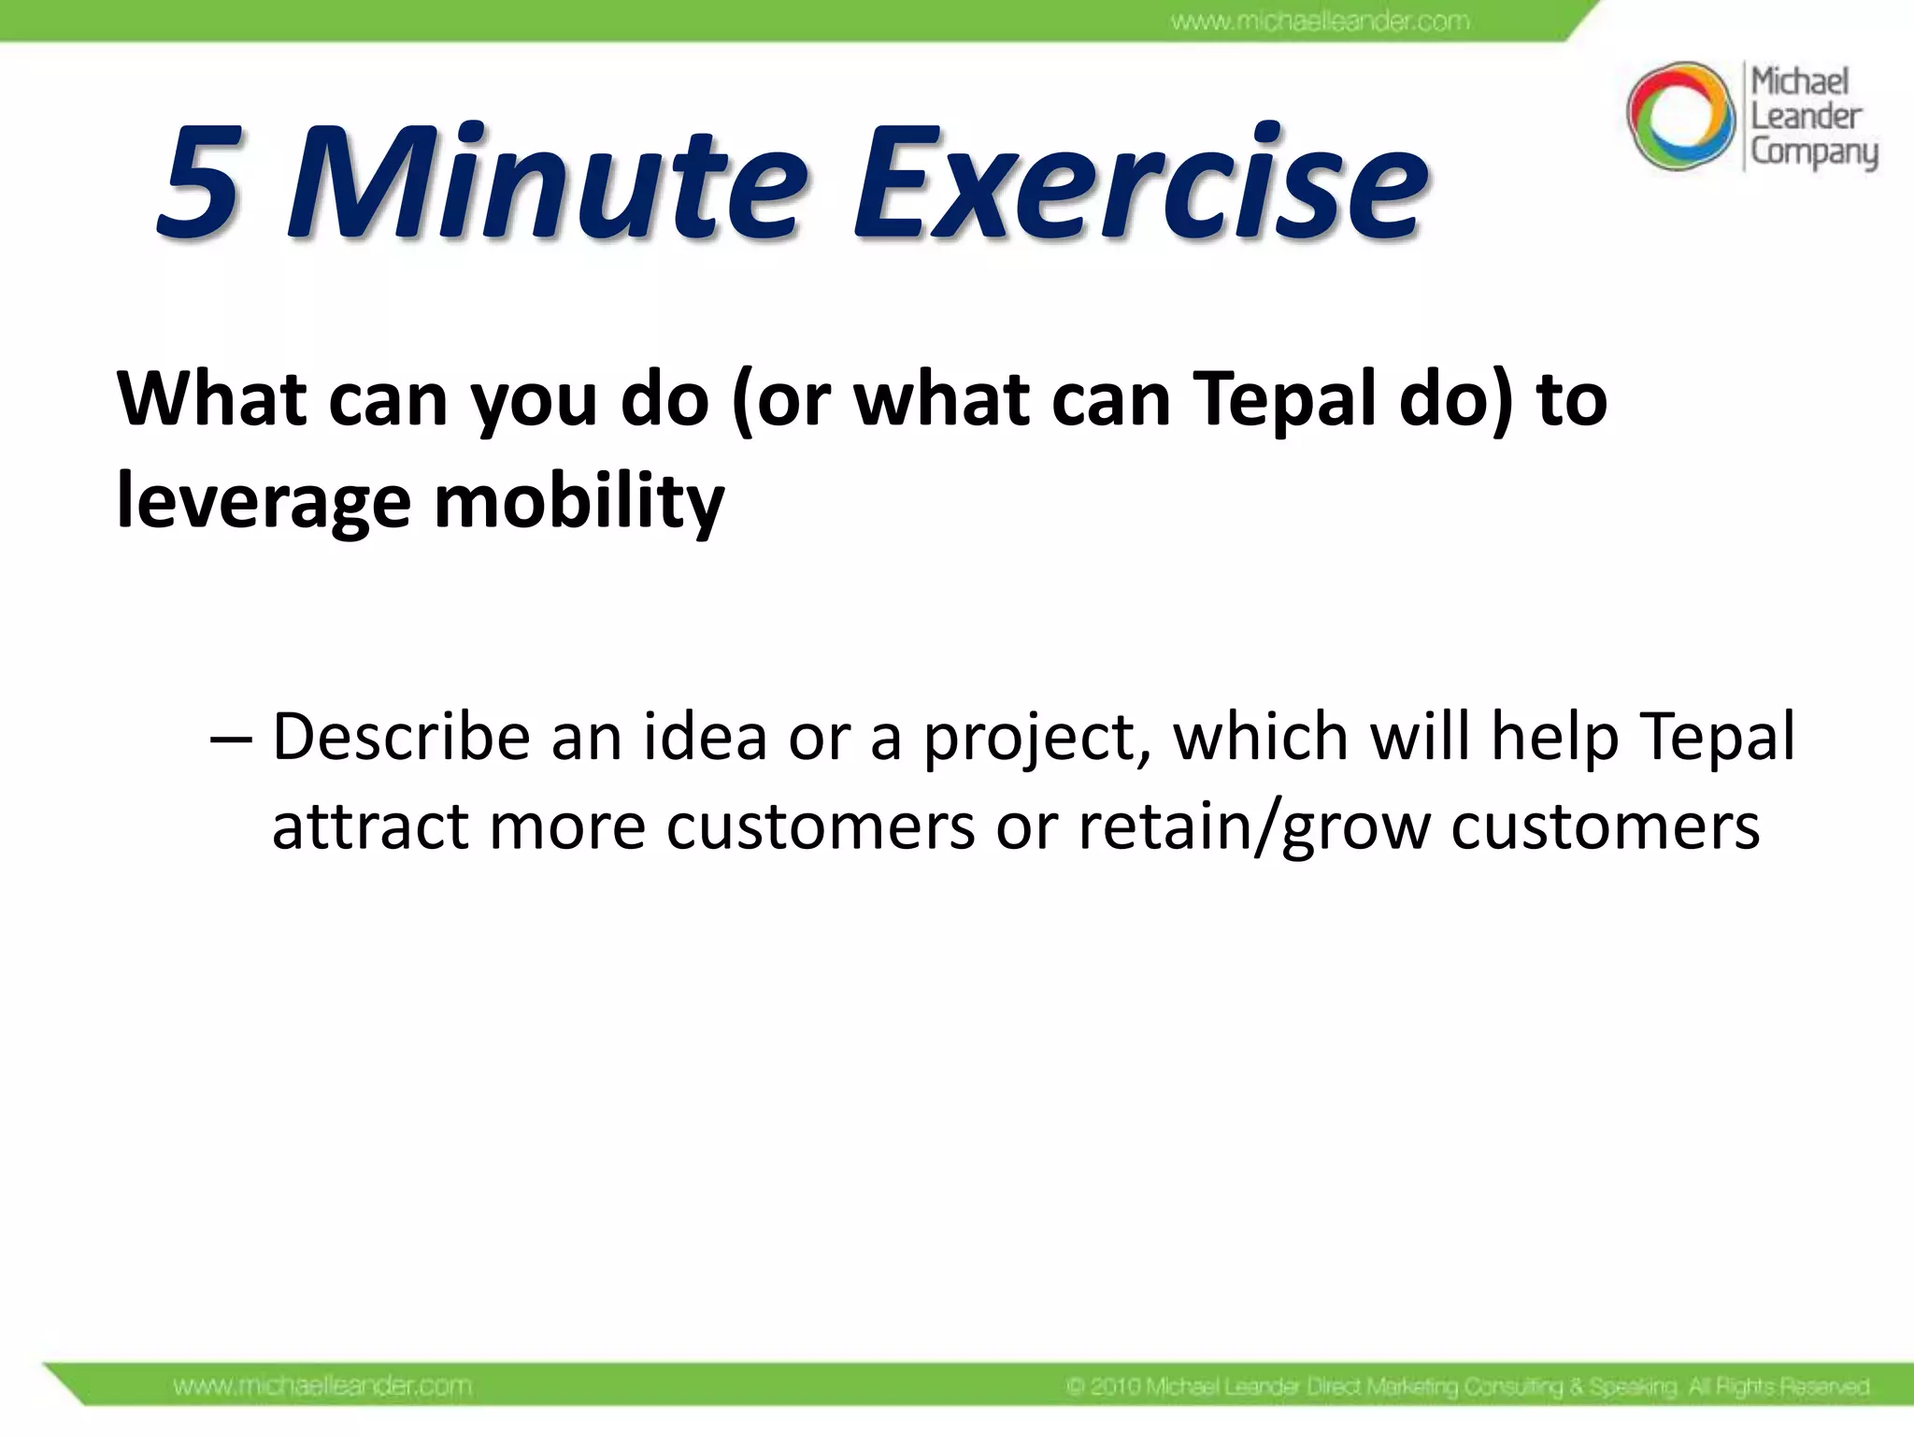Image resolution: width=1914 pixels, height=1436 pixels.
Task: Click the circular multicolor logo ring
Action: tap(1679, 116)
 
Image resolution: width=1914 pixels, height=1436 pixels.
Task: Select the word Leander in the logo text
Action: tap(1806, 117)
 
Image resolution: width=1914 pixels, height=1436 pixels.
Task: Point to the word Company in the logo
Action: tap(1813, 152)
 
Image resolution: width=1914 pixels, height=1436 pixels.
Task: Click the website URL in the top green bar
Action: tap(1320, 21)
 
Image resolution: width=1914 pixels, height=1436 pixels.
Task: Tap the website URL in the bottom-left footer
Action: tap(322, 1386)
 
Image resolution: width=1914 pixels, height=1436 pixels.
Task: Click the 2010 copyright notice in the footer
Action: tap(1467, 1386)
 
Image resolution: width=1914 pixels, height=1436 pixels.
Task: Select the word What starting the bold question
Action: tap(212, 400)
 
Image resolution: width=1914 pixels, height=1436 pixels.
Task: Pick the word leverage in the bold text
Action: tap(264, 503)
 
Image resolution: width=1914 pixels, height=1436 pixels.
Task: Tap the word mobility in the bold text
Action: tap(578, 503)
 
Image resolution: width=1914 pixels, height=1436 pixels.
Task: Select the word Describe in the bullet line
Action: tap(401, 737)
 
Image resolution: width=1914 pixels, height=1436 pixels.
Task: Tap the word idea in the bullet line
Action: tap(704, 737)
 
